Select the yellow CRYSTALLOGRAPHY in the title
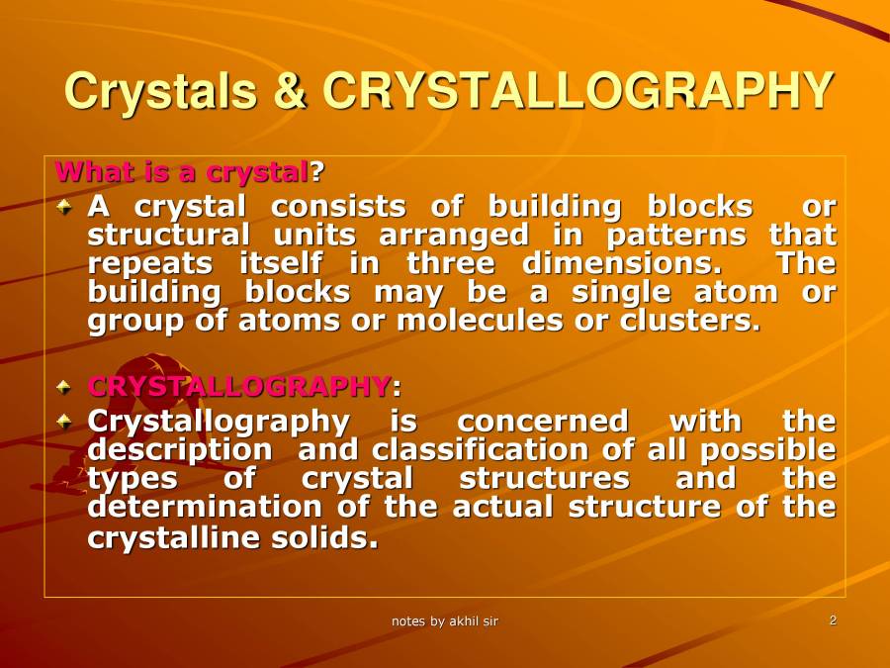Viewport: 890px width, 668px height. point(577,91)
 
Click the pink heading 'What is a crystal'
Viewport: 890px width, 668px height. point(182,171)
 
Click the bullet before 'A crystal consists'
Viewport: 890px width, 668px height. point(65,207)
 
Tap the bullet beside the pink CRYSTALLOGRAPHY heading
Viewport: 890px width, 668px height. point(65,386)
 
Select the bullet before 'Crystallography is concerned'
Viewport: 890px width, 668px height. point(65,422)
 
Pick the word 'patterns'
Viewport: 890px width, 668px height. point(676,236)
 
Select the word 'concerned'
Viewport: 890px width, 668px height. point(542,422)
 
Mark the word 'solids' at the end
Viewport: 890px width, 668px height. point(334,538)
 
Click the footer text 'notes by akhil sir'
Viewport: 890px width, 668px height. point(445,621)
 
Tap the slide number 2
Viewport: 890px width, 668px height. point(834,620)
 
